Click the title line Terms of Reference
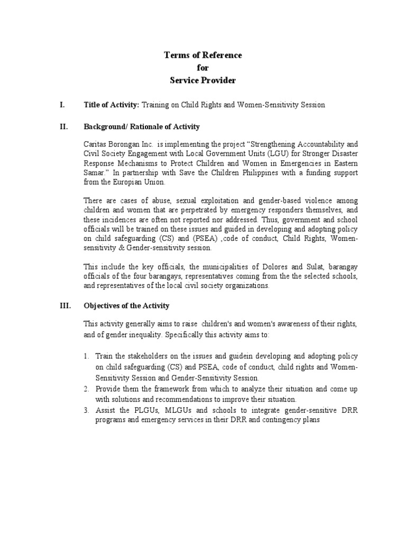(202, 56)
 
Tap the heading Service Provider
(202, 80)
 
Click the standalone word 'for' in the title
(203, 68)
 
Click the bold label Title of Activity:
(111, 105)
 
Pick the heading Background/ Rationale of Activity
(142, 127)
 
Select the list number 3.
(87, 410)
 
